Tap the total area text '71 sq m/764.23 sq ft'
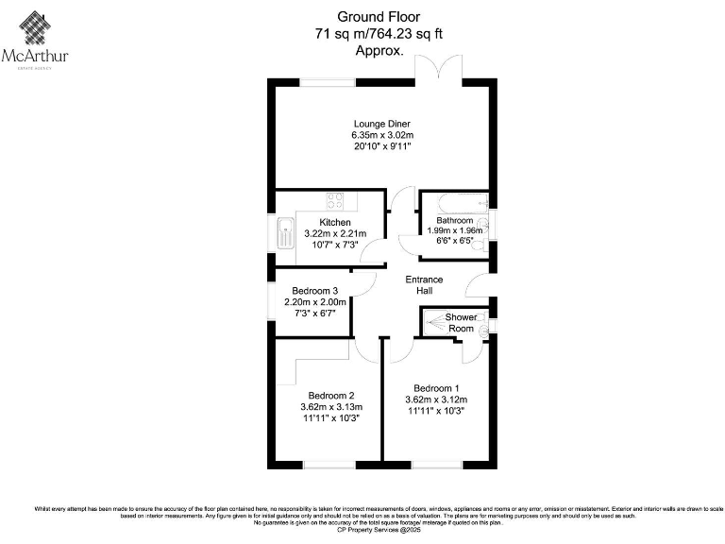[378, 34]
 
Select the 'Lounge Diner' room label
[381, 124]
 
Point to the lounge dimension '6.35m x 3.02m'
[381, 135]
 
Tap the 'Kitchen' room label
[335, 222]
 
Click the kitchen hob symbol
[335, 200]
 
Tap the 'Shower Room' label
[462, 322]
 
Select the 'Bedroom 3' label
[315, 291]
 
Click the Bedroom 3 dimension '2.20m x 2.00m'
[315, 302]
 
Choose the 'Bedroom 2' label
[331, 396]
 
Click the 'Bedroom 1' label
[437, 388]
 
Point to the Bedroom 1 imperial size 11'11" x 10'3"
[437, 411]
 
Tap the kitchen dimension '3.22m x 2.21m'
[335, 233]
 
